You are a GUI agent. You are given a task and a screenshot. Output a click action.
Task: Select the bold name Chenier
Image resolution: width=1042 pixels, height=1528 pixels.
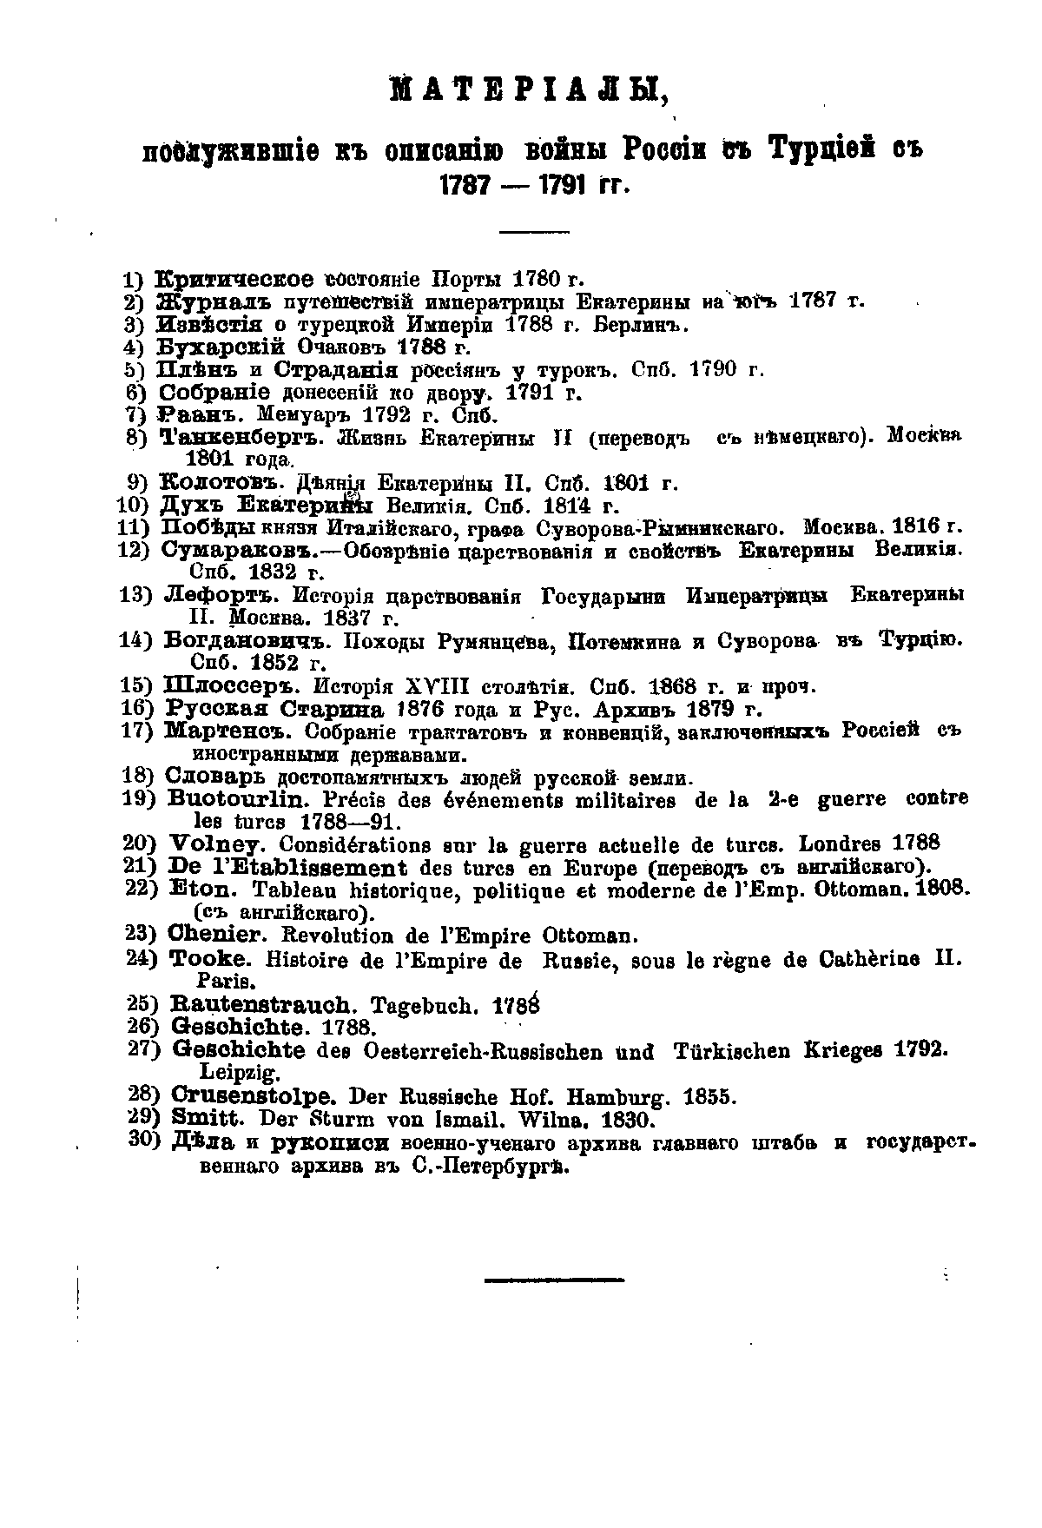[x=214, y=936]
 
